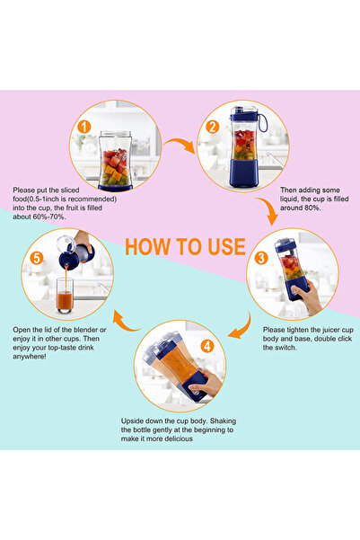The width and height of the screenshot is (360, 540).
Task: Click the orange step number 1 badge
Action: (83, 127)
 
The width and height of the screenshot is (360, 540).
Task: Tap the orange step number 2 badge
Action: (212, 127)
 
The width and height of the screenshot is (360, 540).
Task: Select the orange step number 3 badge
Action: (259, 256)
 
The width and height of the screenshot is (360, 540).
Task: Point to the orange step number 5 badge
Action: (36, 256)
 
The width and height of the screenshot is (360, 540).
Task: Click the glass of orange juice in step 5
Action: (66, 297)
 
